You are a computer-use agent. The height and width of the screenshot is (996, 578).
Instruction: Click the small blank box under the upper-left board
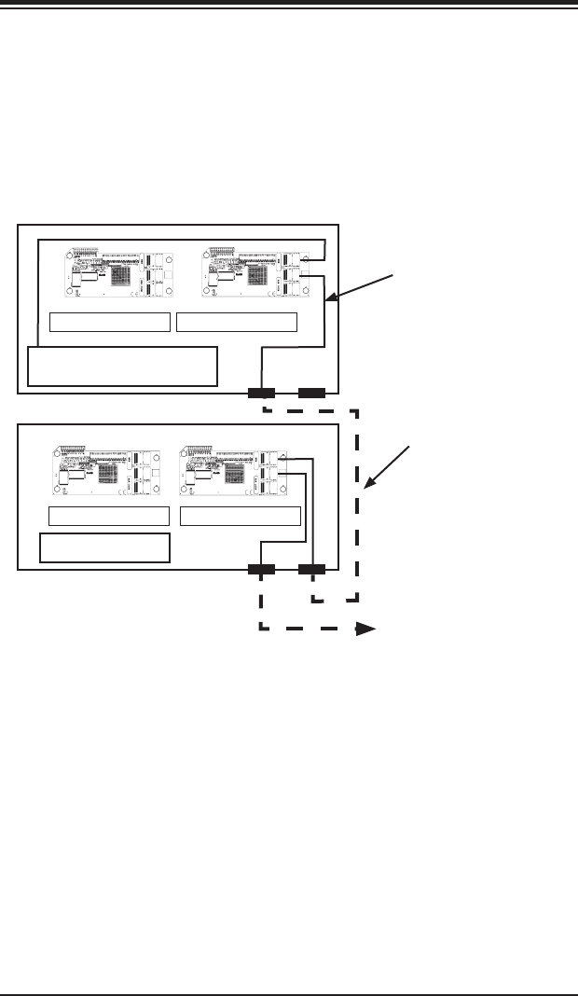click(110, 323)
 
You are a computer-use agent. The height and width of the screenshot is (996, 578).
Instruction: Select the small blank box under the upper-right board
click(237, 323)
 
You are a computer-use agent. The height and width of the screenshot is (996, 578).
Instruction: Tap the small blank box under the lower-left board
click(108, 517)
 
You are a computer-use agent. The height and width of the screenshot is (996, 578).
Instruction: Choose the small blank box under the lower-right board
click(241, 517)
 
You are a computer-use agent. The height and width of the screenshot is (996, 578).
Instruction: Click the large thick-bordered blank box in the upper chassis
click(123, 366)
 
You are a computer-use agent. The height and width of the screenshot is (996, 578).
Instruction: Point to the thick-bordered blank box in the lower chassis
click(104, 548)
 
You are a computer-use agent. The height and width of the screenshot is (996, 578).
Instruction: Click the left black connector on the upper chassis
click(261, 393)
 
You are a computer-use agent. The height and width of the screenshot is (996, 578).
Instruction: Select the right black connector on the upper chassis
click(311, 393)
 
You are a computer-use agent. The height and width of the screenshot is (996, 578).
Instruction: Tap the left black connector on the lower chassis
click(261, 568)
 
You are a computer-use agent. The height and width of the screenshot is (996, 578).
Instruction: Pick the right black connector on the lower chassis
click(311, 568)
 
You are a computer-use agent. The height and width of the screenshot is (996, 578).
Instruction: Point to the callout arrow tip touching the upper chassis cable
click(327, 300)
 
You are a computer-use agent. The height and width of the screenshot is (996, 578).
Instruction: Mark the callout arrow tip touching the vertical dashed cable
click(364, 491)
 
